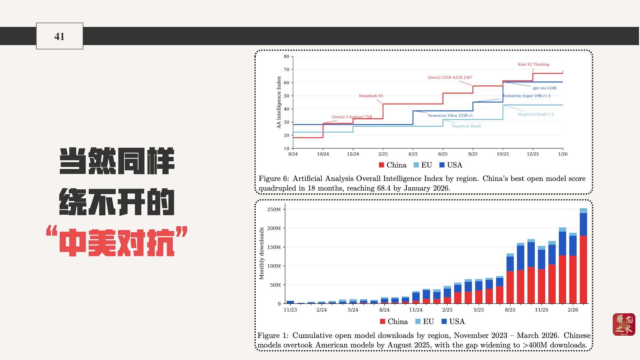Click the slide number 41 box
tap(59, 36)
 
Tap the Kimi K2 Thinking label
tap(533, 64)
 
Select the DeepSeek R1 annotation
tap(371, 96)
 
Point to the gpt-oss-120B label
tap(544, 88)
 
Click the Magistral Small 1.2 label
tap(535, 114)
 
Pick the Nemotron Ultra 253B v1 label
tap(450, 116)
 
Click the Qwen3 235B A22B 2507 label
tap(450, 77)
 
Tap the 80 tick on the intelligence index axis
tap(286, 57)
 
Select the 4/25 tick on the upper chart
tap(413, 154)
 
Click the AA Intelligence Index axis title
tap(279, 102)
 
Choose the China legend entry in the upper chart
tap(393, 165)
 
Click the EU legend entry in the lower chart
tap(424, 321)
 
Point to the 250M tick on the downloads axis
tap(274, 209)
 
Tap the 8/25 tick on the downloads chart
tap(510, 310)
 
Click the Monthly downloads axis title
tap(262, 253)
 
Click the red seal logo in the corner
tap(624, 324)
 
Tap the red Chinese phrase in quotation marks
tap(117, 243)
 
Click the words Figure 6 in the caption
tap(273, 179)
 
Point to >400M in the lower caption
tap(535, 345)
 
